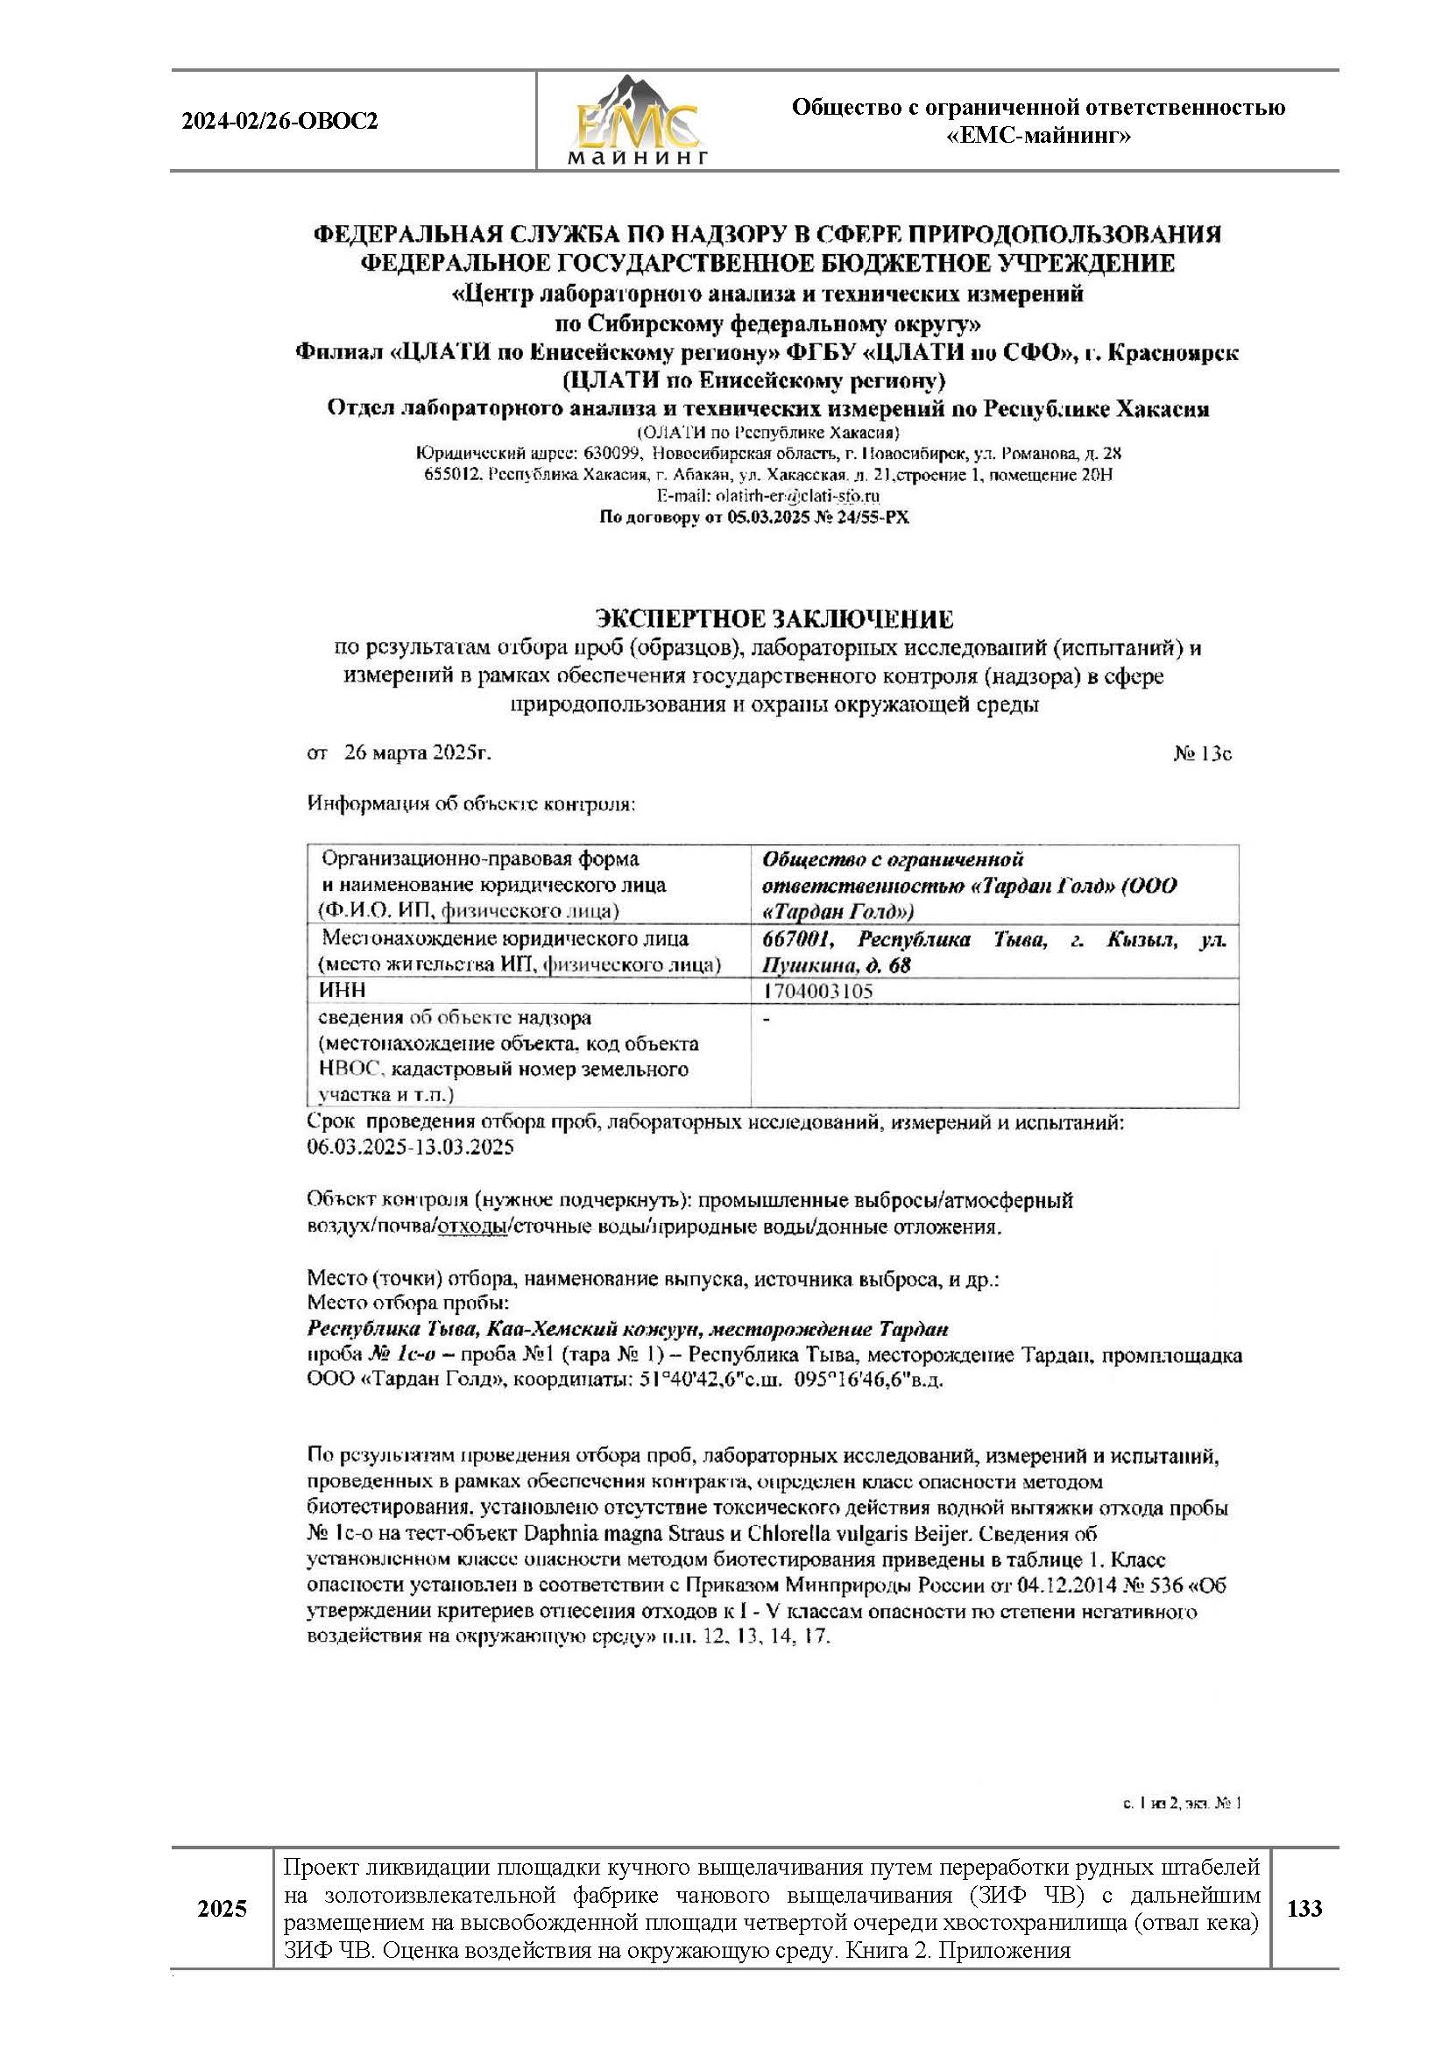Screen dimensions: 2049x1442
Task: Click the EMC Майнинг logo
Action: [x=636, y=122]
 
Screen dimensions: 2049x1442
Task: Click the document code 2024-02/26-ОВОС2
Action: [x=279, y=122]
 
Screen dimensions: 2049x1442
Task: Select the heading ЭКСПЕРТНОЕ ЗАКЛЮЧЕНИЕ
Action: [x=774, y=619]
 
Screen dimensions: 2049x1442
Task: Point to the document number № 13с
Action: [x=1202, y=753]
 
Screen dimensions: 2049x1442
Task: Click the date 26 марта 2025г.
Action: [x=417, y=752]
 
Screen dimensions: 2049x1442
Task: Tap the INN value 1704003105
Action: [x=817, y=991]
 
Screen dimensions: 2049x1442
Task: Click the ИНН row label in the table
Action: [x=342, y=991]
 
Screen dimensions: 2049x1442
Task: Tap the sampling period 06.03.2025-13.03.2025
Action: [x=411, y=1148]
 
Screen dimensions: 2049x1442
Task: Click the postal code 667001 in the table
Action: [x=798, y=940]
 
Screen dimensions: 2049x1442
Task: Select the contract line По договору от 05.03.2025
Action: [x=754, y=518]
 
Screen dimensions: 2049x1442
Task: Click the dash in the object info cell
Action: [x=767, y=1018]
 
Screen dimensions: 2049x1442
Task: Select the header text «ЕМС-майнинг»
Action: [x=1038, y=137]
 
